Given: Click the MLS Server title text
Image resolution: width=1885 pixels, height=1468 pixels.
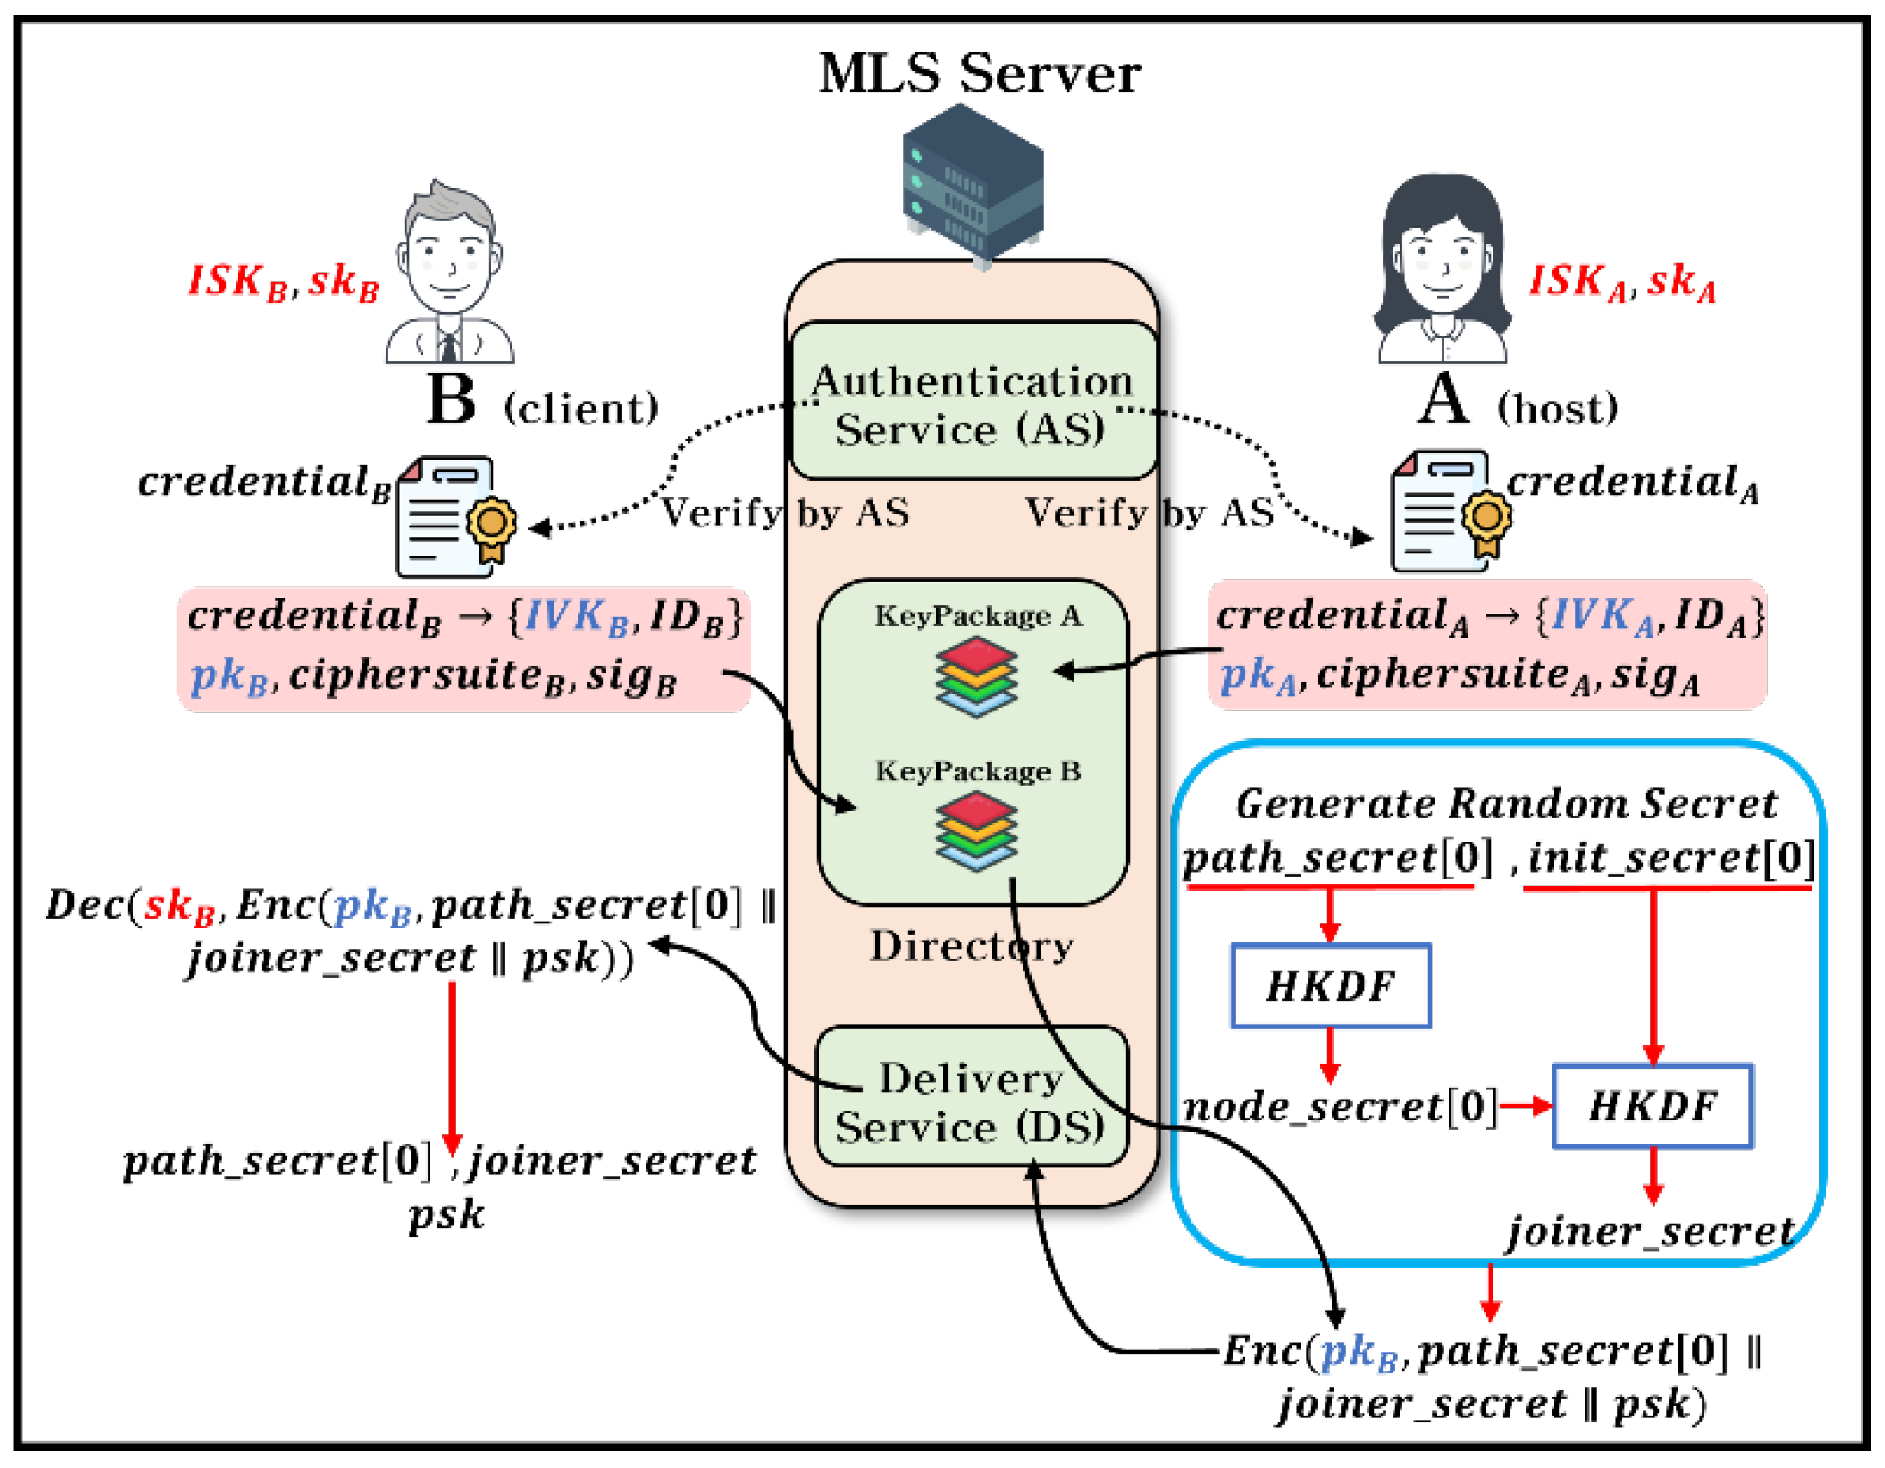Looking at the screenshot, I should point(979,74).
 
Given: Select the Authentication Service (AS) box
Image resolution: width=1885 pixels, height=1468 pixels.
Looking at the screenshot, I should point(973,401).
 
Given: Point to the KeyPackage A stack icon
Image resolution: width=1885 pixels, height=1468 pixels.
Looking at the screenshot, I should point(975,676).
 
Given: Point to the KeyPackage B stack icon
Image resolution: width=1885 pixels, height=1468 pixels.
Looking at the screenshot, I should point(975,833).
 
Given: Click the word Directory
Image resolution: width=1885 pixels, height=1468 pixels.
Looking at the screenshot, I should point(971,947).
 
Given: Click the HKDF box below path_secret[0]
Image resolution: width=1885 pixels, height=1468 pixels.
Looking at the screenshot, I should point(1330,986).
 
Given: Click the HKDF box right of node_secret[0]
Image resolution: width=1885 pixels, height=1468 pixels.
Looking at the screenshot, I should point(1652,1107).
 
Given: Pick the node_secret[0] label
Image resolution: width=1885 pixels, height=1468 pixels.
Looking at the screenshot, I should point(1339,1107).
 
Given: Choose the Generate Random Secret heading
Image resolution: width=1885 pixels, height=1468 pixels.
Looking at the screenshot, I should point(1506,805).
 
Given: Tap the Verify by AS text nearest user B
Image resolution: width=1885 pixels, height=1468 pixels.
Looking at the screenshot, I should point(783,513).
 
